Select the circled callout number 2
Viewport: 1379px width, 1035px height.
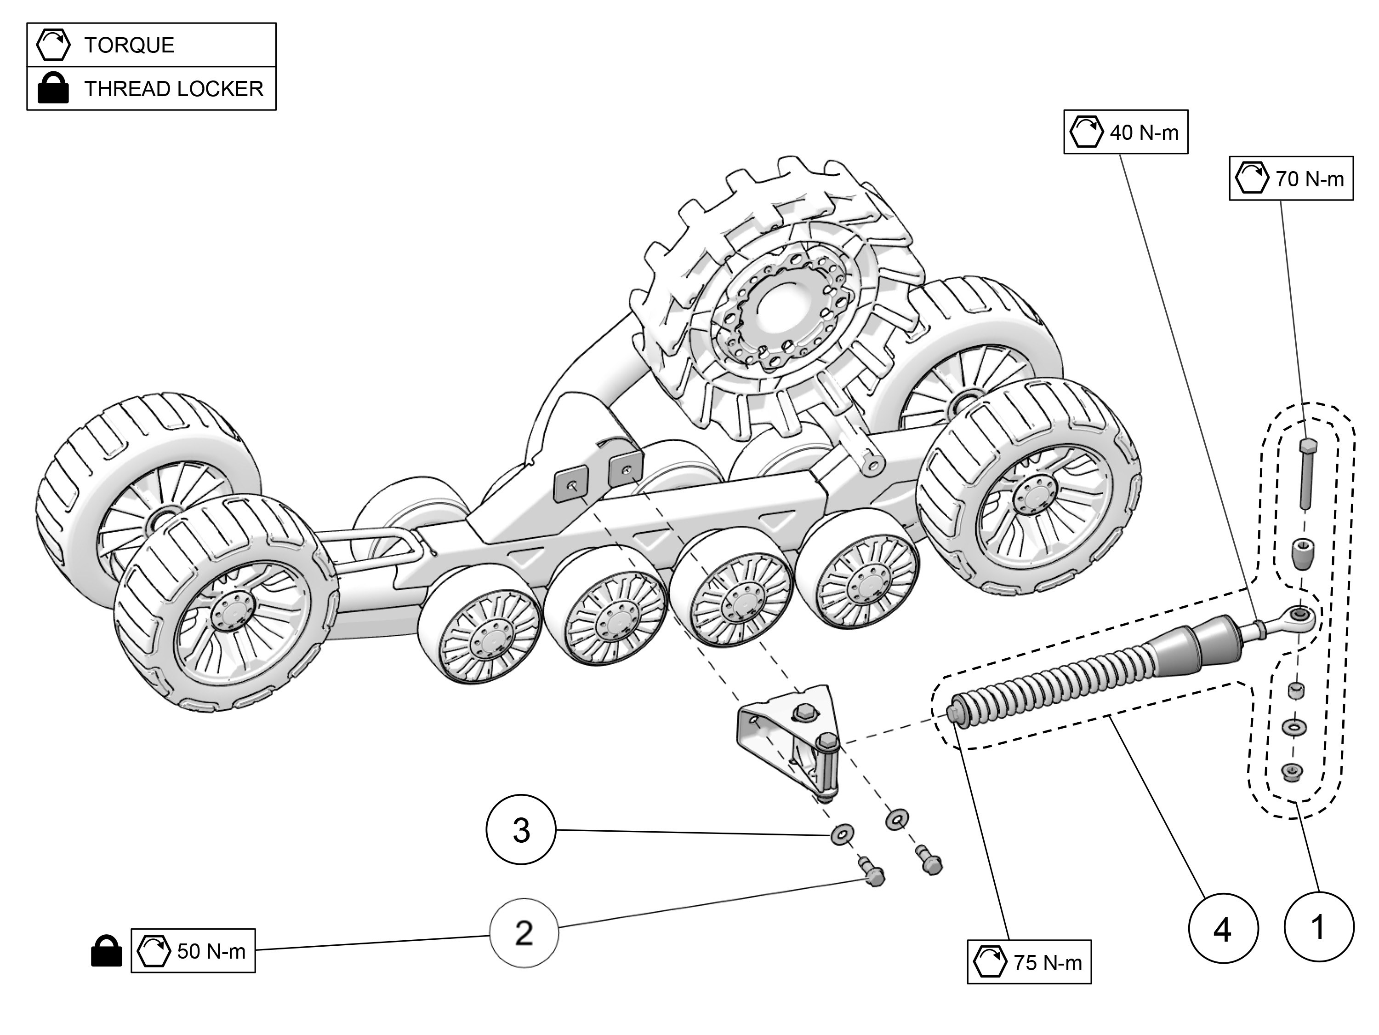tap(524, 933)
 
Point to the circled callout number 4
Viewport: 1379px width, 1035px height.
tap(1223, 929)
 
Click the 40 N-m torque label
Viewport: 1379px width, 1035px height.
tap(1125, 132)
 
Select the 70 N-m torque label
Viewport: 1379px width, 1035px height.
tap(1291, 179)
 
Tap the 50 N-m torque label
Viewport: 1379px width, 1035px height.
tap(193, 951)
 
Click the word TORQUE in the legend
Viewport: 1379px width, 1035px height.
tap(129, 46)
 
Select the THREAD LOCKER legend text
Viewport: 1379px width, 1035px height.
tap(174, 89)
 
